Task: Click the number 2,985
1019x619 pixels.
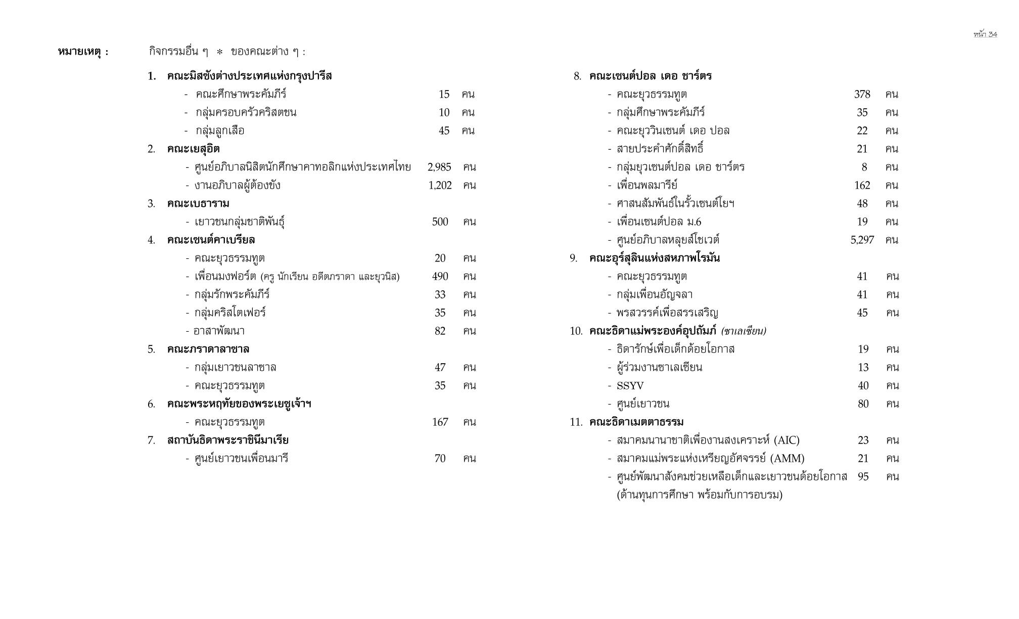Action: click(x=439, y=167)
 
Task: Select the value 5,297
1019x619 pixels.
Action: click(x=862, y=240)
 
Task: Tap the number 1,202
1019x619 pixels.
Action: click(x=440, y=185)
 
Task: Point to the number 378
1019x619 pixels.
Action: click(x=862, y=94)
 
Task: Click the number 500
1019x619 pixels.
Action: click(x=440, y=222)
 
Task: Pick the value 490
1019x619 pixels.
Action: click(x=440, y=276)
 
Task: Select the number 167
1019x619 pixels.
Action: click(x=440, y=422)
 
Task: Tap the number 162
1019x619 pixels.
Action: click(x=862, y=185)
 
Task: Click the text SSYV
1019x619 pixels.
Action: click(x=630, y=386)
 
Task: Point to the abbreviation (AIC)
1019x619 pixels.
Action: click(x=786, y=440)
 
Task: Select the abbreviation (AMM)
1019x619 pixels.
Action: click(x=787, y=459)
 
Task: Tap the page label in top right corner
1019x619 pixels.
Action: click(x=985, y=34)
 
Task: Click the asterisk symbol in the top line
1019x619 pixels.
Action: click(x=219, y=52)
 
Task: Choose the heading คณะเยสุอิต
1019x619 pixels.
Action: click(x=193, y=149)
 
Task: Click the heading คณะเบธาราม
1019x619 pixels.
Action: click(x=198, y=203)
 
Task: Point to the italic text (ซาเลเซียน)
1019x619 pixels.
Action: click(x=744, y=331)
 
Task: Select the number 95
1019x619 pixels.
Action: click(x=863, y=476)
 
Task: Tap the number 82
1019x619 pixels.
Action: click(x=440, y=331)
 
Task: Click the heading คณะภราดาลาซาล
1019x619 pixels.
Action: click(x=208, y=349)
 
